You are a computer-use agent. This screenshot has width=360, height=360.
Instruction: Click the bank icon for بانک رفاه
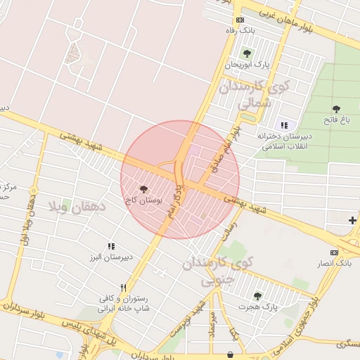point(240,20)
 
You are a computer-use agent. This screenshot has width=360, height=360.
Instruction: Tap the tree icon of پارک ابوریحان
point(246,53)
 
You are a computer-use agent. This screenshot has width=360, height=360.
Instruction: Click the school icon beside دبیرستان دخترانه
point(284,124)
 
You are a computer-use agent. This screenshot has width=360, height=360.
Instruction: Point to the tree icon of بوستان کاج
point(143,188)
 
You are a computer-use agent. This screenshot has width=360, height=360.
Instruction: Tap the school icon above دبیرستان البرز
point(111,246)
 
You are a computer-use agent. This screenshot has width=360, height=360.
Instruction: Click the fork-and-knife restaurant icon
point(123,287)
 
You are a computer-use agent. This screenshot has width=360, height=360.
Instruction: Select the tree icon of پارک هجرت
point(257,296)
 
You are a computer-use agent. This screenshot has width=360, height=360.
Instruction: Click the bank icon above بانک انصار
point(334,252)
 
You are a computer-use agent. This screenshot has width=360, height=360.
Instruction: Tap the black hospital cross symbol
point(352,221)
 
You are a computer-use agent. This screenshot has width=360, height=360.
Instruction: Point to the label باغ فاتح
point(335,121)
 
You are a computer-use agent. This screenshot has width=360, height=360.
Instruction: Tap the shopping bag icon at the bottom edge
point(230,356)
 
